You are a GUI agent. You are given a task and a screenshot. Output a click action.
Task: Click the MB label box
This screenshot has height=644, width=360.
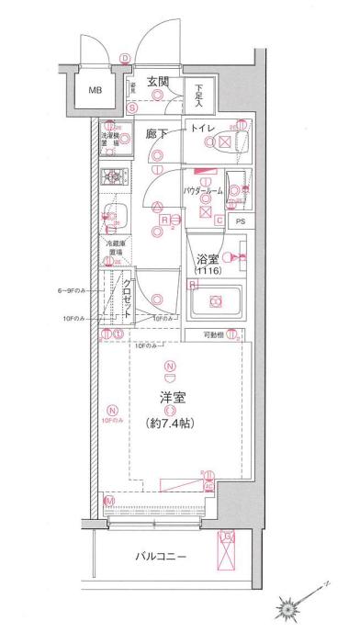click(96, 91)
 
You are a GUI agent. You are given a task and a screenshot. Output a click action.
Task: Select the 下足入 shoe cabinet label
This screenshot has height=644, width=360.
click(199, 94)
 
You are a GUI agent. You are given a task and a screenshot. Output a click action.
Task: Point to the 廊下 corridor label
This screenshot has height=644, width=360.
click(158, 134)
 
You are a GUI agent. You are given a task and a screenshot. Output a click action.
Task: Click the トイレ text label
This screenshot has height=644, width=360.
click(204, 130)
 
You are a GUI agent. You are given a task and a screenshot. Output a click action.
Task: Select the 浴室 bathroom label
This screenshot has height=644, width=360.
click(206, 259)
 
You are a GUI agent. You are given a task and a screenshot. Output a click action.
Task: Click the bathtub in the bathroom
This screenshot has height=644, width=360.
click(216, 300)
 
